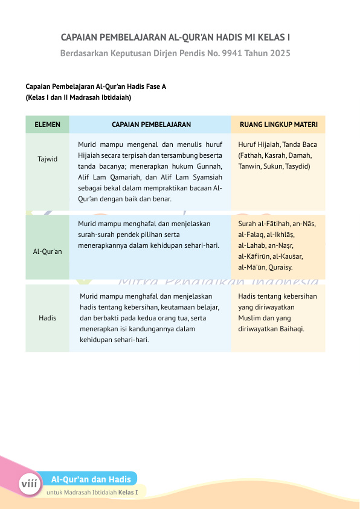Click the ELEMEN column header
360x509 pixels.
[47, 125]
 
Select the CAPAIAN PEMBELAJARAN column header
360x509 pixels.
[151, 125]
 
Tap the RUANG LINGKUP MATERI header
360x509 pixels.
[278, 125]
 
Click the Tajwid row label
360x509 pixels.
[47, 159]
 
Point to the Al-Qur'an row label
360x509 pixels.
[47, 251]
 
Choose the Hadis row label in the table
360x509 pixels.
[47, 317]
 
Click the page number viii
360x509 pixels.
[28, 484]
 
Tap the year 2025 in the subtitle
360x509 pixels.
[278, 53]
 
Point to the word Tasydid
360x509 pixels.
[297, 166]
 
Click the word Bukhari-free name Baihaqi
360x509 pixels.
[289, 329]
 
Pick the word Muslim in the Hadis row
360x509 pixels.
[249, 318]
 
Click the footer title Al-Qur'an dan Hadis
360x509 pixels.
[91, 479]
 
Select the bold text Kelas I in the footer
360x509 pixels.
[128, 492]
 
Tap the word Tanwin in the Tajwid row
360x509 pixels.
[250, 166]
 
